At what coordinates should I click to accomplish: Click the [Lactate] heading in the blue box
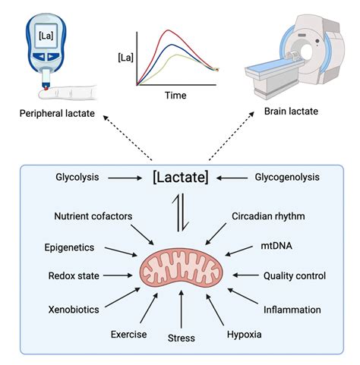[x=180, y=178]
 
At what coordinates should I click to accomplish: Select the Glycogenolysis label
[x=283, y=178]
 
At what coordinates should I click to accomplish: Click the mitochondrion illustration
[x=181, y=269]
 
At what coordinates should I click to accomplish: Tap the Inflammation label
[x=292, y=310]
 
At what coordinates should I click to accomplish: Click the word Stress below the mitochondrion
[x=181, y=338]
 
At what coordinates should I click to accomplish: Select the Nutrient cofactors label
[x=93, y=216]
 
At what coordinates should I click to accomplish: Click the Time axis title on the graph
[x=175, y=96]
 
